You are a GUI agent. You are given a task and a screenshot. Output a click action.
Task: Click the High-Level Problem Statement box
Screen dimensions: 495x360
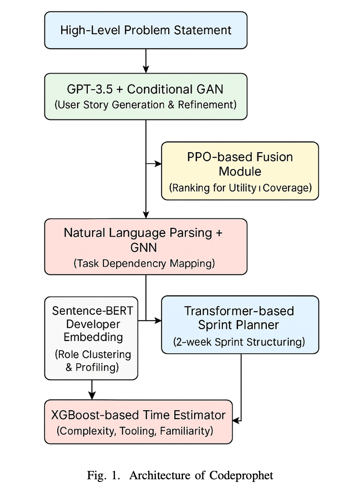pos(145,30)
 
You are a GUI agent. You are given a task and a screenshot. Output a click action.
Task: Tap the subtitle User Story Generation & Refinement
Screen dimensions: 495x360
pos(145,105)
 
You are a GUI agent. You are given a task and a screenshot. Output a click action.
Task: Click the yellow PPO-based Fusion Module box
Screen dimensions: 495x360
pos(240,171)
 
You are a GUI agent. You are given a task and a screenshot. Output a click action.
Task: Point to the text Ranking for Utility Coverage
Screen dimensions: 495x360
pos(240,188)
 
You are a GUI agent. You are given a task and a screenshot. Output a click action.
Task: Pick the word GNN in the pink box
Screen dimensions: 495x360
pos(143,248)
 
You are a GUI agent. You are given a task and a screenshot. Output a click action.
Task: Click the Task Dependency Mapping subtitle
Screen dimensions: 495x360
pos(144,263)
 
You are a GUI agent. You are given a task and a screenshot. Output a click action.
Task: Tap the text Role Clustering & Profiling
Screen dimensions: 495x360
pos(92,361)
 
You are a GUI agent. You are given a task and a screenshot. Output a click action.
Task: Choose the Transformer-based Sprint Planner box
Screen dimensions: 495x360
pos(240,324)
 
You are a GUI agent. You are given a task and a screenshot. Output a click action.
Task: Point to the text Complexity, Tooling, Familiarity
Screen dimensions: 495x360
pos(135,431)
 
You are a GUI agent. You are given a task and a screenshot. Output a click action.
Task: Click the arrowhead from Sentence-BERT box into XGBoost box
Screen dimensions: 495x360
pos(92,395)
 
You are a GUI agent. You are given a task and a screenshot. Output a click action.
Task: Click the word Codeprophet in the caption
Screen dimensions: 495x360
pos(245,475)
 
